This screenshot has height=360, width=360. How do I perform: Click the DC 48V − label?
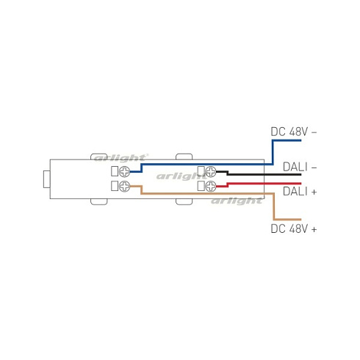[x=293, y=132]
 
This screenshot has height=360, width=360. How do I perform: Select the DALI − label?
[x=299, y=167]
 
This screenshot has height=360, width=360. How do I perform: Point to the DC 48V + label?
[x=293, y=229]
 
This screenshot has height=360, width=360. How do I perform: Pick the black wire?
[x=250, y=175]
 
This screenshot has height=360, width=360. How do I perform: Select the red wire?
[x=250, y=182]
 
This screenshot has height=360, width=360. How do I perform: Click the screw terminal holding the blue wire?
[x=126, y=173]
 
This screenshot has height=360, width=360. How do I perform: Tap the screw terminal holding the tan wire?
[x=126, y=187]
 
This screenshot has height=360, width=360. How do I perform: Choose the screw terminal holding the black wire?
[x=212, y=173]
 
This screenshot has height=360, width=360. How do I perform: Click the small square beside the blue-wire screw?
[x=115, y=173]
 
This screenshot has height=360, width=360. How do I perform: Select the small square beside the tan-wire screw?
[x=115, y=187]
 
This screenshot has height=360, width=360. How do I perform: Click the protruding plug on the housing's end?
[x=46, y=180]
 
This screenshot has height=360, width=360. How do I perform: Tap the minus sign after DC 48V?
[x=314, y=132]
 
